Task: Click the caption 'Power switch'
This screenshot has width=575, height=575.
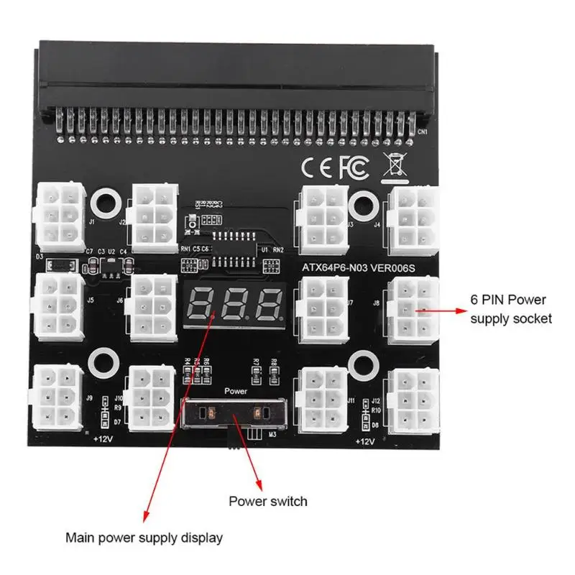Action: coord(267,501)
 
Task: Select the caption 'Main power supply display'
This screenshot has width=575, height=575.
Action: coord(144,537)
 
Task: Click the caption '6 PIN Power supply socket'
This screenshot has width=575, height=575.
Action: coord(511,308)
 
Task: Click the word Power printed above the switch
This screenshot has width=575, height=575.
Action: coord(235,392)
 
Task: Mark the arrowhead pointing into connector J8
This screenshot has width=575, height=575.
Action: coord(420,310)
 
